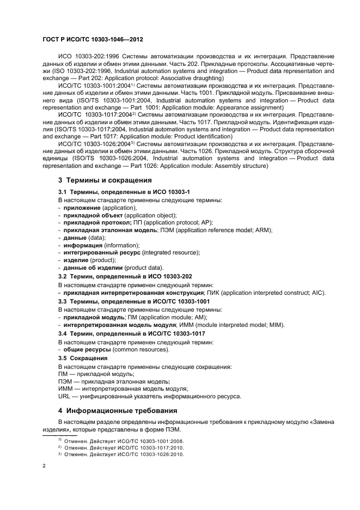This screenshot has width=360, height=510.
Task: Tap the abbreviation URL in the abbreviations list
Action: point(65,396)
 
